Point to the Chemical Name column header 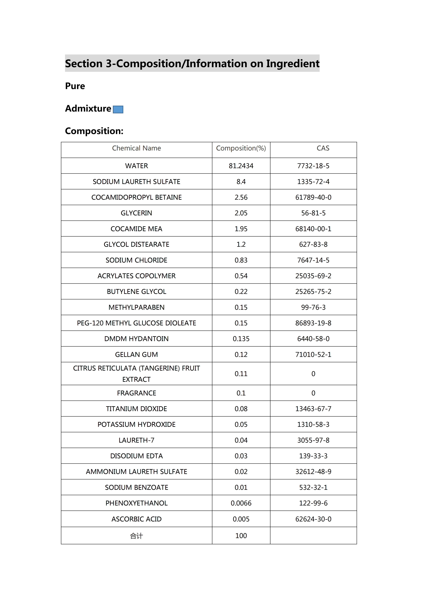[x=136, y=148]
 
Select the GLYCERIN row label [x=136, y=213]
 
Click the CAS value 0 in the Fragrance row [x=313, y=393]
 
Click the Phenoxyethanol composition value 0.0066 [x=241, y=503]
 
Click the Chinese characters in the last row [x=136, y=536]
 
